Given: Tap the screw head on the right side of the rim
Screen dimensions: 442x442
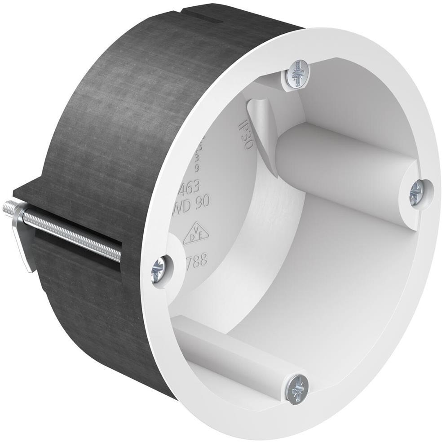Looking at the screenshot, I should pos(417,192).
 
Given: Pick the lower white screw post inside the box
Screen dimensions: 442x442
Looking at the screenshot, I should pos(234,355).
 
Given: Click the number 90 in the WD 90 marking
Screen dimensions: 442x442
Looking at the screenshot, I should pos(203,203).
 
